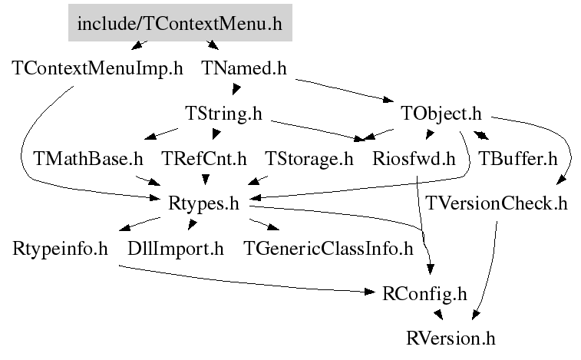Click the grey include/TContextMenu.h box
pos(180,22)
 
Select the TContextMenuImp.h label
pos(97,68)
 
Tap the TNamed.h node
pos(244,68)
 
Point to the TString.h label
pos(223,114)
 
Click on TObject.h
pos(441,114)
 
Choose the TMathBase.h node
pos(88,159)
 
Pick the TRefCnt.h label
pos(204,159)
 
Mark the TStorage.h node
pos(309,159)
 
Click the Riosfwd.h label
pos(414,159)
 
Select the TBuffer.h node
pos(517,159)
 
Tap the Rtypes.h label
pos(203,203)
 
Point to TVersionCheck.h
pos(496,203)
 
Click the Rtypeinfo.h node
pos(60,249)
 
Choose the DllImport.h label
pos(176,249)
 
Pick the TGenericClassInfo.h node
pos(328,249)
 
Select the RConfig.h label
pos(424,294)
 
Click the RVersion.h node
pos(451,339)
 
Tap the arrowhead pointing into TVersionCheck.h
pos(562,180)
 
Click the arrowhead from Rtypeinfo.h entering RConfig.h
pos(370,292)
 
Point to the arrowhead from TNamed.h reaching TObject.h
pos(388,99)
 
